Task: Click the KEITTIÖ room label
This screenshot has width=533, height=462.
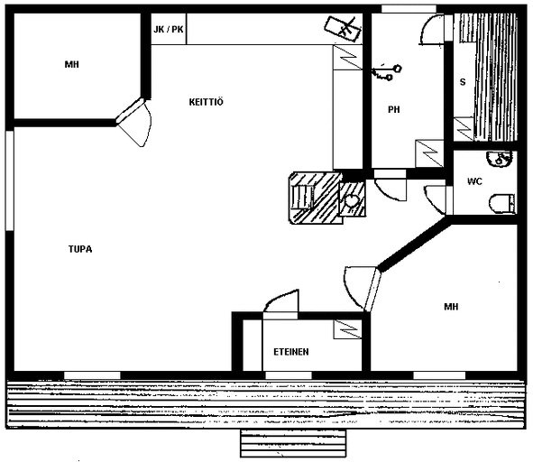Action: (206, 102)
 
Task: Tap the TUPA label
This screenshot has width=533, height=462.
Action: (80, 249)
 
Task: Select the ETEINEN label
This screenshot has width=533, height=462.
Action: (291, 351)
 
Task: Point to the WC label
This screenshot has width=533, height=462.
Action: (474, 181)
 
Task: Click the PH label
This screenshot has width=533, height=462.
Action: (393, 109)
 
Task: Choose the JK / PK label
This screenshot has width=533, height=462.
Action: (169, 29)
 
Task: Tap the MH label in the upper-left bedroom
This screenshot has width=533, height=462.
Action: (72, 64)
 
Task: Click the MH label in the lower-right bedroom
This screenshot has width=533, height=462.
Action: (451, 307)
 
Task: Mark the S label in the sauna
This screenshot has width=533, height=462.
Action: (463, 82)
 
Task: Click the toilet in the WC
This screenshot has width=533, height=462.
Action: (502, 204)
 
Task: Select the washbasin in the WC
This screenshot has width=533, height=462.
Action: (499, 159)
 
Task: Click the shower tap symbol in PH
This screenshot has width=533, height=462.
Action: (387, 73)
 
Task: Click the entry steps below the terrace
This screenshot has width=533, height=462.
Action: (293, 443)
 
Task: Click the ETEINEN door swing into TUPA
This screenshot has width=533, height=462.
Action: (281, 301)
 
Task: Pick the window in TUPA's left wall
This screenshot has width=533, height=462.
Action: (10, 180)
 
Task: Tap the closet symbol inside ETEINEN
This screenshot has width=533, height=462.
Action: (347, 329)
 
